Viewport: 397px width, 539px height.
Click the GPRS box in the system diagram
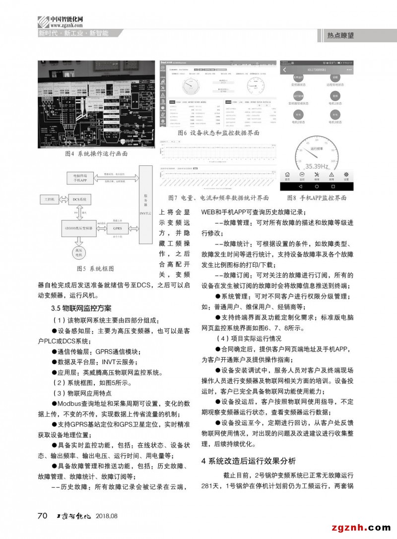[x=117, y=229]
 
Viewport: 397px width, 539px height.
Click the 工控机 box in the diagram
[x=49, y=199]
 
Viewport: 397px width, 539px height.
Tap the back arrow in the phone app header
[x=285, y=70]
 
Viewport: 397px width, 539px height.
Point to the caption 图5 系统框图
[x=95, y=268]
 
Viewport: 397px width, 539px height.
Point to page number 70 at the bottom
[x=43, y=516]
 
